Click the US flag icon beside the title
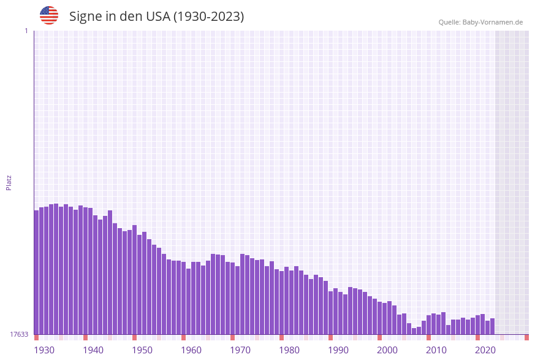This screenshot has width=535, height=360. click(49, 15)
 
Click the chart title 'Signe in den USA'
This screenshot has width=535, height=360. click(156, 17)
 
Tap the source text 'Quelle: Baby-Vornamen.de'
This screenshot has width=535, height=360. click(480, 22)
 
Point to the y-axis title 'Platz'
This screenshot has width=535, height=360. click(9, 182)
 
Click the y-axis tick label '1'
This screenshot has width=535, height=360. click(26, 31)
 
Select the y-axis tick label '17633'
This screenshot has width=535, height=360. click(19, 334)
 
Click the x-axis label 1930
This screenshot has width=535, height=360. click(44, 350)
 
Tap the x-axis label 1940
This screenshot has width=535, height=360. click(93, 350)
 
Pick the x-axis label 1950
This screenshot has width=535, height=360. click(142, 350)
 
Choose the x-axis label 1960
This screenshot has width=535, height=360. click(191, 350)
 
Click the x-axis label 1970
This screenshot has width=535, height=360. click(240, 350)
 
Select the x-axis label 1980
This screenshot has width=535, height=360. click(289, 350)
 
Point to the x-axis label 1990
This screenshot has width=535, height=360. click(338, 350)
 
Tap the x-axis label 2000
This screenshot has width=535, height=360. click(387, 350)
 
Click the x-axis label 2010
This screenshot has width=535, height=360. click(436, 350)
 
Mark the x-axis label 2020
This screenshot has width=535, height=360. click(485, 350)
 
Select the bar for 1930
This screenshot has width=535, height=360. click(36, 272)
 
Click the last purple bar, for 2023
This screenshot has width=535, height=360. click(492, 326)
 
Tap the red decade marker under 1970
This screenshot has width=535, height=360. click(233, 337)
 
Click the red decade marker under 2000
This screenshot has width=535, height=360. click(380, 337)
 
